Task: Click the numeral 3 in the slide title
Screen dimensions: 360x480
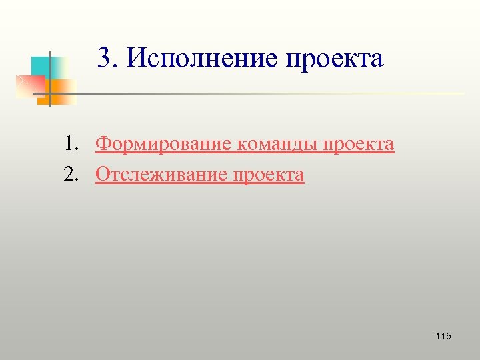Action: tap(103, 58)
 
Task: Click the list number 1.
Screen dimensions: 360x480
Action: tap(69, 144)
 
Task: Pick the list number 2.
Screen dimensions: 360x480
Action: tap(69, 175)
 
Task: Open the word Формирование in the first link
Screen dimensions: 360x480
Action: tap(163, 145)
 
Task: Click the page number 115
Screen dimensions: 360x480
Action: tap(443, 336)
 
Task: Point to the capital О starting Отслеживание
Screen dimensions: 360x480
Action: tap(103, 175)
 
